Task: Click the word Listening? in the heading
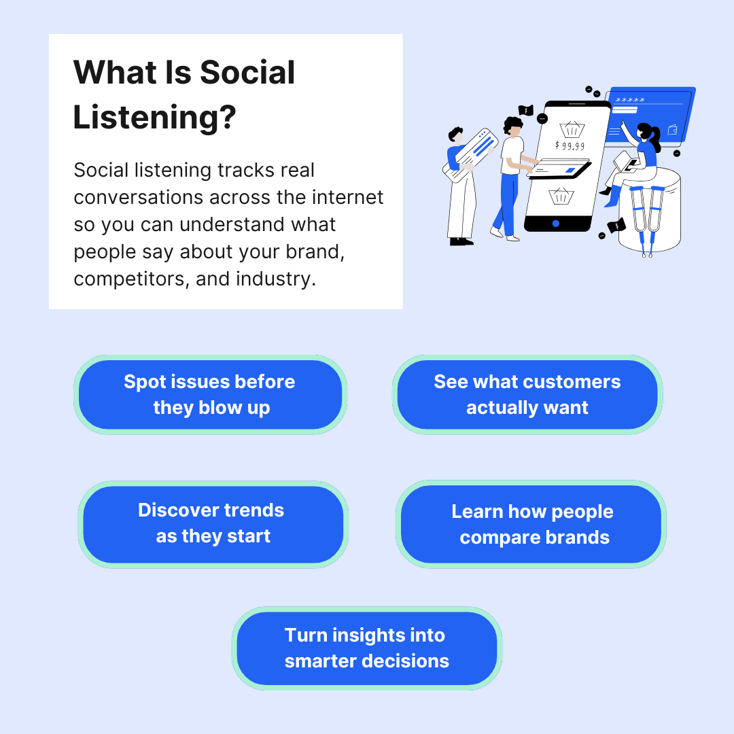[154, 117]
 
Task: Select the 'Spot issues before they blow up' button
[210, 395]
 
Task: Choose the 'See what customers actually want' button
[527, 395]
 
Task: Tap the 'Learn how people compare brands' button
[531, 524]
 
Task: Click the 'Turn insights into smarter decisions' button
[367, 648]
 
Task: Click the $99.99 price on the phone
[569, 145]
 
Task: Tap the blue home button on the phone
[556, 223]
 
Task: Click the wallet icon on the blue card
[673, 129]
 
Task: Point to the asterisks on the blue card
[630, 101]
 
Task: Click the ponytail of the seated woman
[656, 139]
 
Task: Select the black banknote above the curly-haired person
[525, 110]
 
